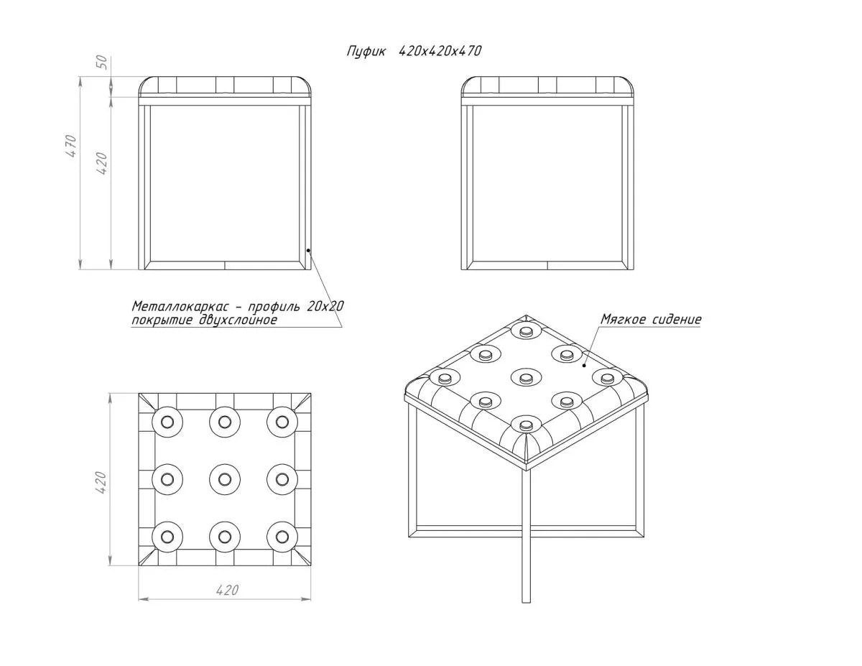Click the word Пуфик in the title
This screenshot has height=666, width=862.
coord(366,52)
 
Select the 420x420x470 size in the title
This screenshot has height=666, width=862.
coord(440,51)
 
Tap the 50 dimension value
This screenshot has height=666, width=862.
coord(102,63)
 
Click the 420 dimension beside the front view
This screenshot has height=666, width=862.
coord(102,163)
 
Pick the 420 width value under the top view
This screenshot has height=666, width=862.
coord(227,591)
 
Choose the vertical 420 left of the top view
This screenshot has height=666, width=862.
coord(101,482)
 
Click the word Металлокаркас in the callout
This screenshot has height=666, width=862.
coord(180,306)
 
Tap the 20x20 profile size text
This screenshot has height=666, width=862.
coord(325,306)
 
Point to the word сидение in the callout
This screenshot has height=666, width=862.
coord(675,319)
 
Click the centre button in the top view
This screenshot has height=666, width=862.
coord(225,479)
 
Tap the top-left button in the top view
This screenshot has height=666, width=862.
coord(167,422)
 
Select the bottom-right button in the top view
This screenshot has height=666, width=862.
coord(282,537)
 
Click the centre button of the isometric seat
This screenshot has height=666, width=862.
coord(526,378)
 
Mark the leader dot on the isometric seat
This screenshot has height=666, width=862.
coord(584,365)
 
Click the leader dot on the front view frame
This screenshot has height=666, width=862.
coord(308,250)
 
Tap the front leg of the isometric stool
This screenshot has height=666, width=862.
coord(526,536)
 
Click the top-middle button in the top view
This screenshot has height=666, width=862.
coord(225,422)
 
